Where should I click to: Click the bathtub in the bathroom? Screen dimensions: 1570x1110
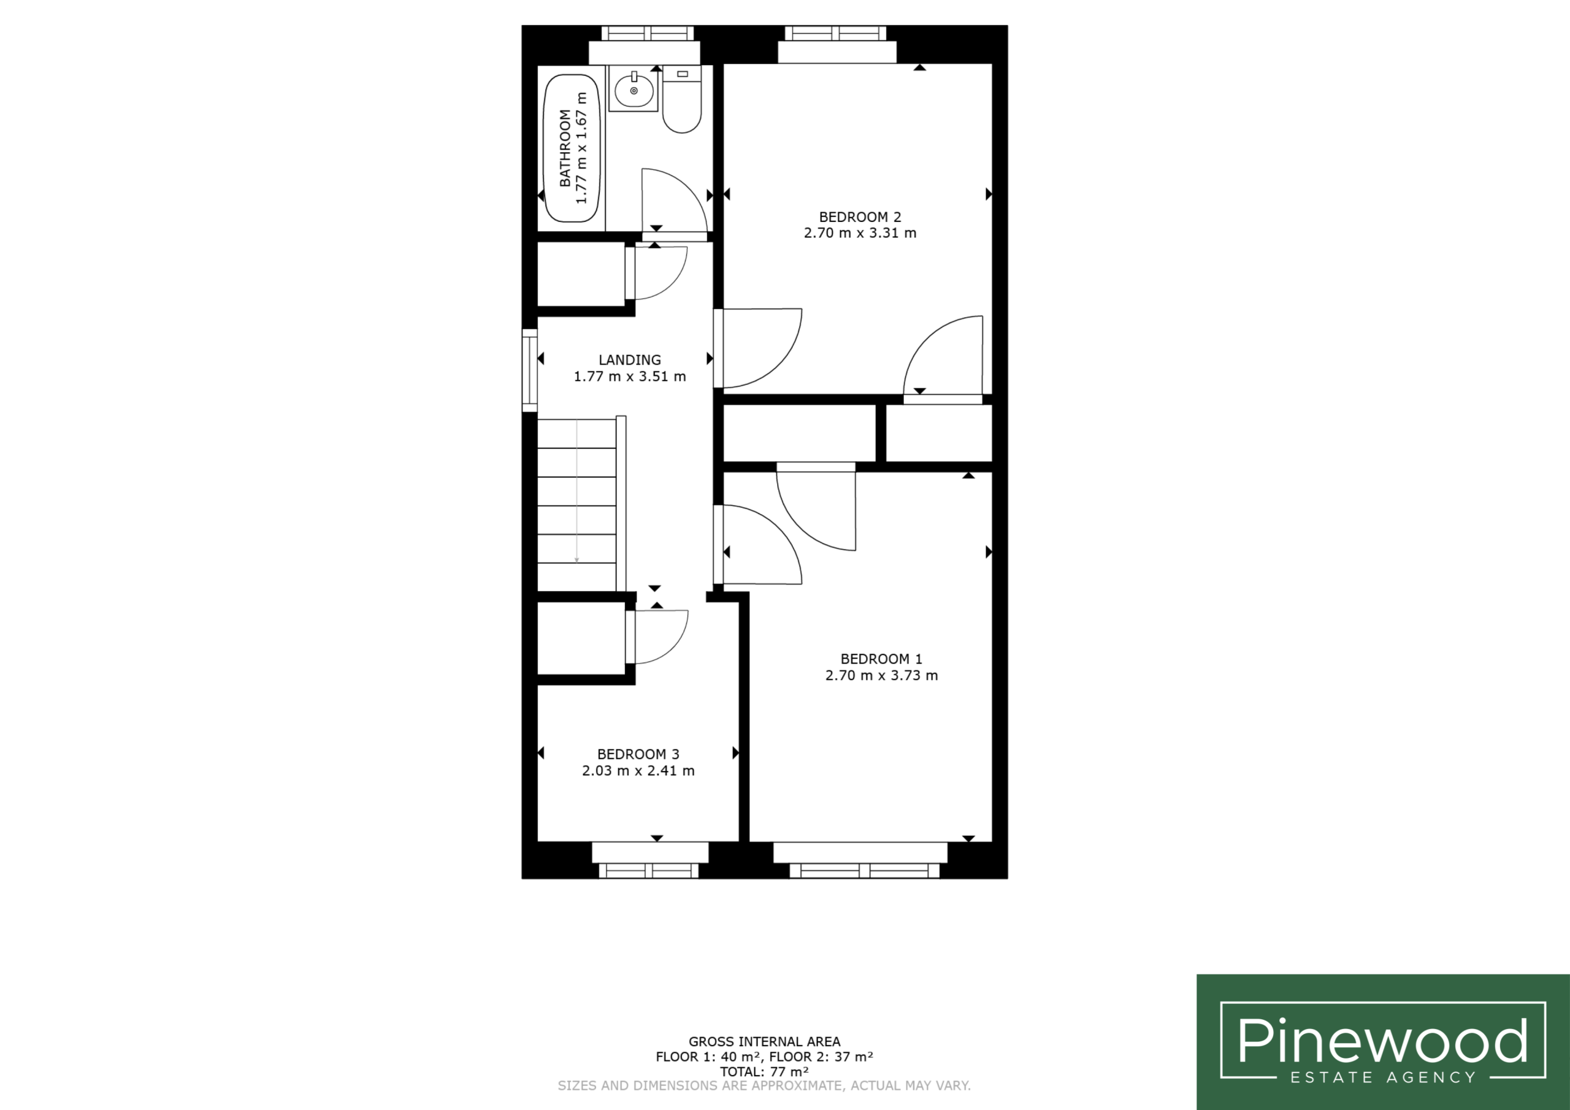(572, 148)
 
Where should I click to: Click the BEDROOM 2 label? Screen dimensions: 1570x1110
(860, 217)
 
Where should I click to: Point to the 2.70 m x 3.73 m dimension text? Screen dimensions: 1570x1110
(881, 676)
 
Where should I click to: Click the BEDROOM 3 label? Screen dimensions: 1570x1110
(638, 754)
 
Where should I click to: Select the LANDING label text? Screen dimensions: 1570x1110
(630, 360)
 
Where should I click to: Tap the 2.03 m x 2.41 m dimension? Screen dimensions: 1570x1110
(638, 771)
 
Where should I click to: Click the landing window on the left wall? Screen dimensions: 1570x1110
(529, 370)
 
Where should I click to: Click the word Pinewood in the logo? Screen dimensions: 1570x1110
(1382, 1040)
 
